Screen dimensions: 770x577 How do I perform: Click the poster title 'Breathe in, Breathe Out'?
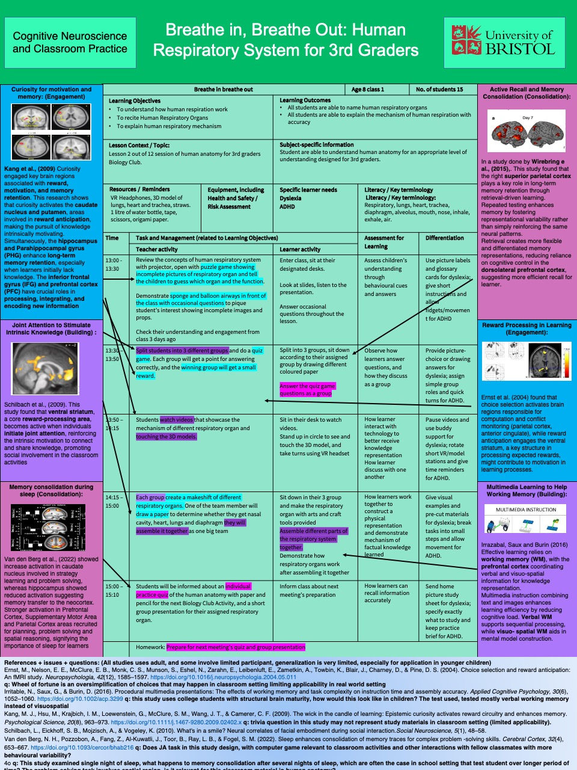(286, 40)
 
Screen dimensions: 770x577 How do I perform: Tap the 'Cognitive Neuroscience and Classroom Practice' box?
(70, 42)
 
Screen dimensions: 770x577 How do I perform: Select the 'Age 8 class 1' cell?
(368, 90)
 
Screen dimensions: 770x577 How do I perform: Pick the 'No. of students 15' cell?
(440, 90)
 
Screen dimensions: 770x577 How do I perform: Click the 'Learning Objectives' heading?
(135, 101)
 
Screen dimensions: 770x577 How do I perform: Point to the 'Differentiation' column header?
(445, 238)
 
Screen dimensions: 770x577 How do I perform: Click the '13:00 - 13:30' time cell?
(114, 265)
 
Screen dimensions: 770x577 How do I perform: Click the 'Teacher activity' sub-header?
(157, 249)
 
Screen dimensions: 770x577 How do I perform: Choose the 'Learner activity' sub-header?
(300, 249)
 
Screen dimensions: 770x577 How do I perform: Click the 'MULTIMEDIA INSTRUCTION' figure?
(526, 520)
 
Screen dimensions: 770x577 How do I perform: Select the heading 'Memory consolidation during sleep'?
(51, 490)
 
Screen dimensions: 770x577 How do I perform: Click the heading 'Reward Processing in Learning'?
(527, 328)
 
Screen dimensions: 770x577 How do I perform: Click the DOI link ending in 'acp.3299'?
(80, 699)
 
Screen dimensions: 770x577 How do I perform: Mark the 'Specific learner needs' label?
(308, 190)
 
